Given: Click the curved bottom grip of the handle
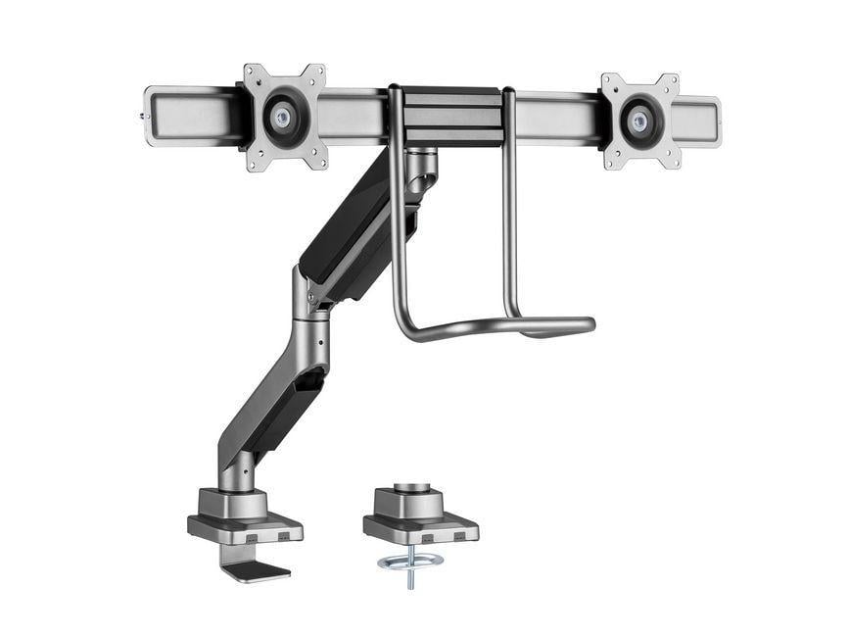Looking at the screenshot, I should click(490, 327).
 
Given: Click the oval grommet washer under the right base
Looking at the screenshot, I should click(409, 561).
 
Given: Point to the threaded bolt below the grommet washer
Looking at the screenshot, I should click(409, 578).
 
